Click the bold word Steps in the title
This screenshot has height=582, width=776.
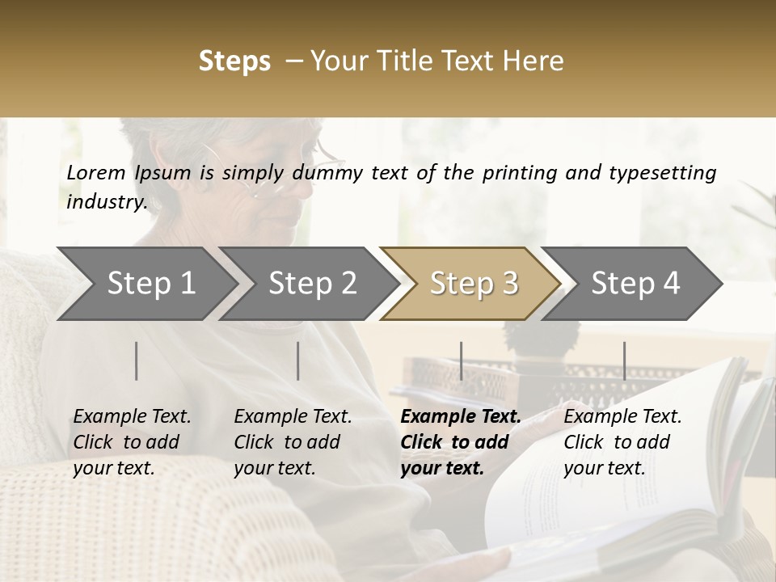[234, 61]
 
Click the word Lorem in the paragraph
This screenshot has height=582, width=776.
[96, 172]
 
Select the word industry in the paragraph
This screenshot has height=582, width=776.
[107, 201]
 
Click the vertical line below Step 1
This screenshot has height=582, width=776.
[137, 361]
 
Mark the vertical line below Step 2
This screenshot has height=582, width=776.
[298, 361]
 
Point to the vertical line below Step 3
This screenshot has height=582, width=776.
[461, 361]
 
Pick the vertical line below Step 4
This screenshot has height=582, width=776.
[624, 361]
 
